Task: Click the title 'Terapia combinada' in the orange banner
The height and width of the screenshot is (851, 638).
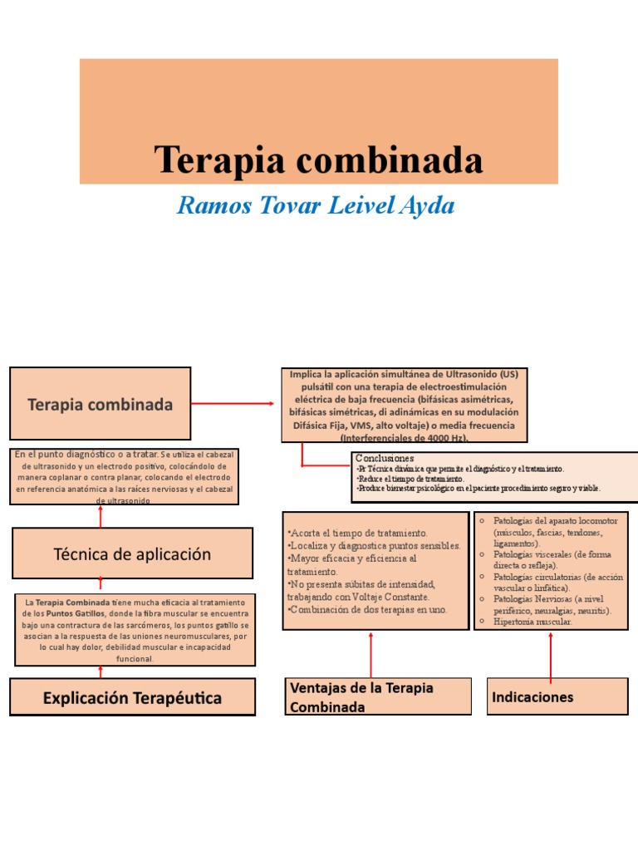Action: point(318,159)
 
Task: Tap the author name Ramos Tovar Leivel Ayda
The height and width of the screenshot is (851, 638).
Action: point(316,205)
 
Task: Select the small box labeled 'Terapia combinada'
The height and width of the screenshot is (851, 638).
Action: point(101,404)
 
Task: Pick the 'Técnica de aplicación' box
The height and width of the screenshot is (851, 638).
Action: point(132,554)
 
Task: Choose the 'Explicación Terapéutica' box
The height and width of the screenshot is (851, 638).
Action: point(132,697)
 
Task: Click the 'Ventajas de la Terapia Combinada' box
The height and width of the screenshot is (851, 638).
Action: point(377,696)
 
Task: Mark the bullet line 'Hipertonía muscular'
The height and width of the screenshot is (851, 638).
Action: point(532,621)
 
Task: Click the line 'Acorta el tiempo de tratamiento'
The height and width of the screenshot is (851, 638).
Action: point(357,532)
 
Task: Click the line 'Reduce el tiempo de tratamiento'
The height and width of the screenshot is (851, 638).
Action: point(410,480)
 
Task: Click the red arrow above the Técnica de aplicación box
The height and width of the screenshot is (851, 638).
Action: point(101,516)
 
